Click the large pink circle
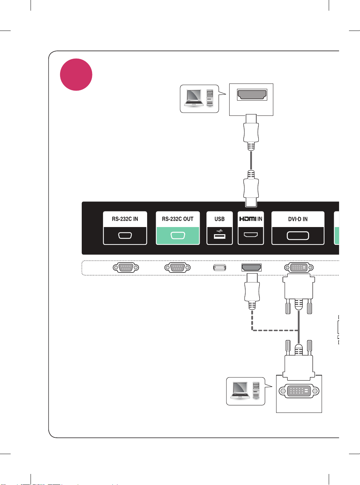coord(76,75)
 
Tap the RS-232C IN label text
coord(125,219)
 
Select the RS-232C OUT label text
coord(178,219)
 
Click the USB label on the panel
coord(219,219)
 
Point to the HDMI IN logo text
coord(251,219)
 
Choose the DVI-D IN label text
coord(298,219)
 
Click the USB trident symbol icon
coord(219,231)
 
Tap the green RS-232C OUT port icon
coord(178,236)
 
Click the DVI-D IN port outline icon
coord(298,236)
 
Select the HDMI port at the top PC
coord(252,95)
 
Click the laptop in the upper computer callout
coord(194,98)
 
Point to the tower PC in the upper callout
coord(210,97)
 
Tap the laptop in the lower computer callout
coord(240,390)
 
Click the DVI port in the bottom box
coord(299,391)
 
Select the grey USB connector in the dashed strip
coord(220,268)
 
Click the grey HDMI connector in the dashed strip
coord(251,268)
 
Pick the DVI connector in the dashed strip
coord(299,268)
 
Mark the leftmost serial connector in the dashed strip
coord(126,268)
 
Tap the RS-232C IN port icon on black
coord(125,236)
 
